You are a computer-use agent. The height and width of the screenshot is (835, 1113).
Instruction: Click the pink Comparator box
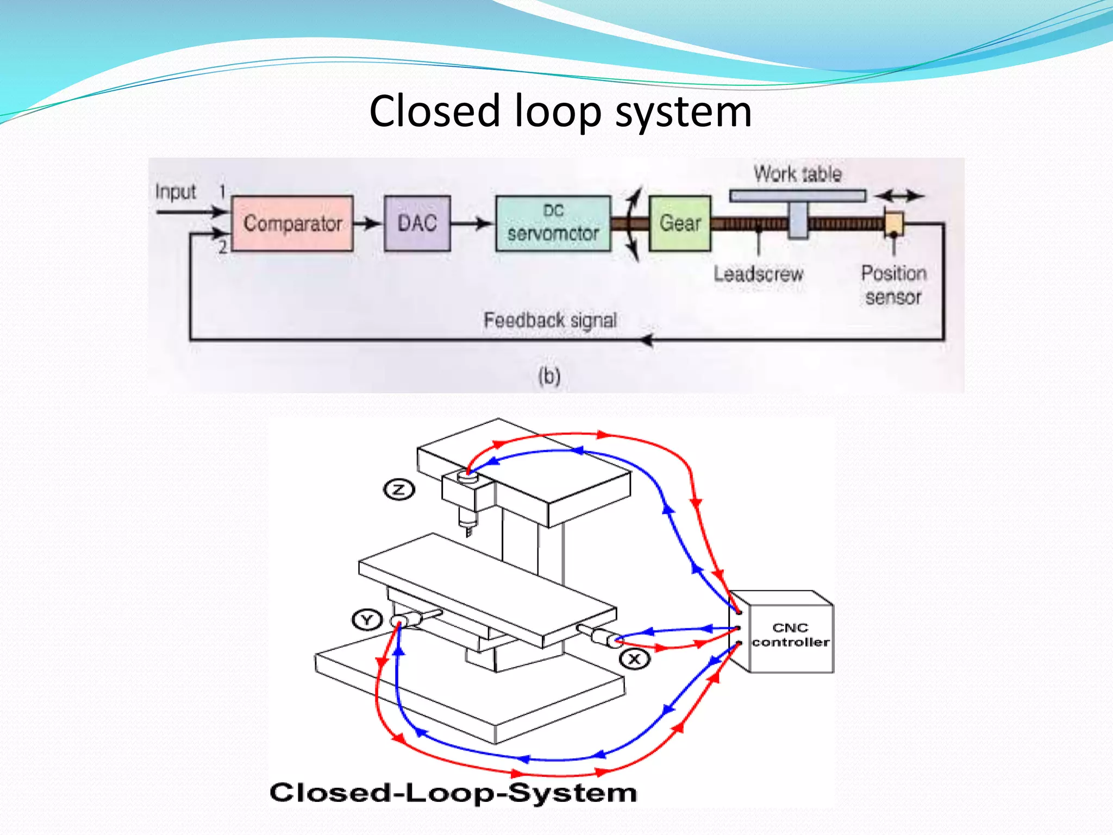point(292,223)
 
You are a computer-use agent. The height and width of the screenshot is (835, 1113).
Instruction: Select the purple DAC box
point(417,223)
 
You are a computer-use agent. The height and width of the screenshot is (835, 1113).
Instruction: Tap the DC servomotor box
point(553,223)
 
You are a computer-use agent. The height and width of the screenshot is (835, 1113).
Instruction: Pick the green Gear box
point(679,223)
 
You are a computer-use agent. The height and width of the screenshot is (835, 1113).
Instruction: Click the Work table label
point(797,174)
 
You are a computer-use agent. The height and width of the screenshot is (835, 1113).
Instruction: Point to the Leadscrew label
point(758,273)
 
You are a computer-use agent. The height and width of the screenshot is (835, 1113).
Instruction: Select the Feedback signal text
point(550,320)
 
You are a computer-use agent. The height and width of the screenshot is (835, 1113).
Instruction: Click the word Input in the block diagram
point(175,192)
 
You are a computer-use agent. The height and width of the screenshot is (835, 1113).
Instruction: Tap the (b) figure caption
point(549,376)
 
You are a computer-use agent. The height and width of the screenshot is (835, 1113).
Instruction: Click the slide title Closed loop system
point(560,111)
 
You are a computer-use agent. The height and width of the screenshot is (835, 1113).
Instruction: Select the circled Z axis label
point(399,490)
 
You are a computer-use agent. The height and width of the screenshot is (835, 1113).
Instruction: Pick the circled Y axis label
point(367,620)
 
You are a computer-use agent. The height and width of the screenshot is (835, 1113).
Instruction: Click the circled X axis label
point(634,659)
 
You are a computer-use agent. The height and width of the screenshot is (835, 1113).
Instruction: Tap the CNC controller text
point(790,635)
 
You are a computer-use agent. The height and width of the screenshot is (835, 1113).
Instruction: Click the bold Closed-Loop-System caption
point(453,793)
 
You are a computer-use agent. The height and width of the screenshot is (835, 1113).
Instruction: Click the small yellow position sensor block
point(893,223)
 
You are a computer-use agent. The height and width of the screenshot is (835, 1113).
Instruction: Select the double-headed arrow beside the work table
point(899,196)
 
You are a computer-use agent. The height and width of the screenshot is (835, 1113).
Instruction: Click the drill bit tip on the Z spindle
point(468,533)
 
